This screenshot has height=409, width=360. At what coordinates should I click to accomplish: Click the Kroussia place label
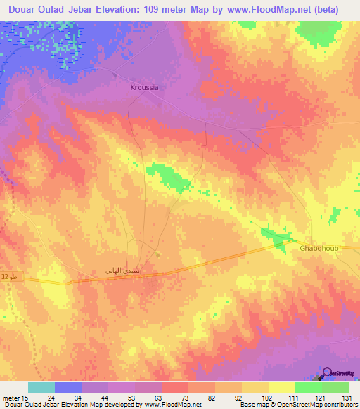point(144,88)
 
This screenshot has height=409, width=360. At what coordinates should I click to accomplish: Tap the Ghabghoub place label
point(320,249)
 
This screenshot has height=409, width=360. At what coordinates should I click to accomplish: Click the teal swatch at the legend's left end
point(41,387)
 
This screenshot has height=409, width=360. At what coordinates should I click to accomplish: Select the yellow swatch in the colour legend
point(281,387)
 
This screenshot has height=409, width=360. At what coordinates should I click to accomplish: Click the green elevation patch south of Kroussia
point(169,177)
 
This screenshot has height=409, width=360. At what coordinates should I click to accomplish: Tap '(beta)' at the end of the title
point(337,10)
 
